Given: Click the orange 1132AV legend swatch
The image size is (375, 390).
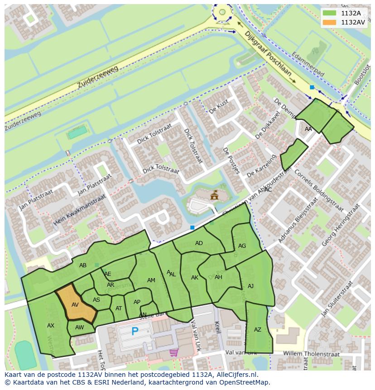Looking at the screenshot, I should tap(330, 22).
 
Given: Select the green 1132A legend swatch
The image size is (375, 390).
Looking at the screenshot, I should tap(330, 13).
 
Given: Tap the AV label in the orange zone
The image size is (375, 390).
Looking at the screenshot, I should tap(75, 305).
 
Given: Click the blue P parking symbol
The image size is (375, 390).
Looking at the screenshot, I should tap(135, 332).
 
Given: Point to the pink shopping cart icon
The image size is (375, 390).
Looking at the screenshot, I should tap(173, 352).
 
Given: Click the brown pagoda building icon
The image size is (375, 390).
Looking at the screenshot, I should tap(214, 195).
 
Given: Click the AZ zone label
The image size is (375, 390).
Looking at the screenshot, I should tap(258, 330).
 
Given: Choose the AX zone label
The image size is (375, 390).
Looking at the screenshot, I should tap(51, 326).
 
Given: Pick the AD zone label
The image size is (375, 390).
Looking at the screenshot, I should tap(199, 243).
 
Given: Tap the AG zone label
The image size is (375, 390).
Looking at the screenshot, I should tap(242, 246).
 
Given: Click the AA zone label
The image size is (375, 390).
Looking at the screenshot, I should tap(308, 129).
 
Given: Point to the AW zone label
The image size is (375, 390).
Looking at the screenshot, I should tap(80, 327).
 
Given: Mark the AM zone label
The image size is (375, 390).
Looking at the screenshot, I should tap(151, 280).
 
